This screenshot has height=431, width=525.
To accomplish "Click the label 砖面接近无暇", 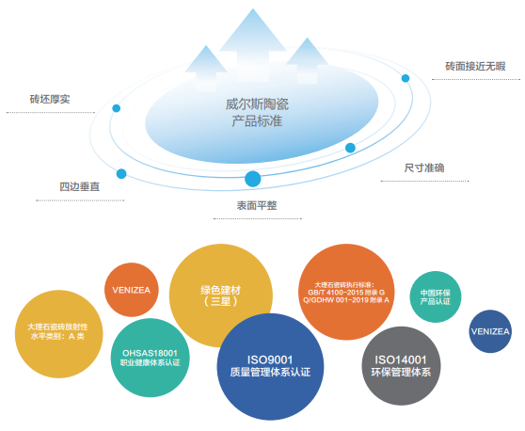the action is [x=475, y=66].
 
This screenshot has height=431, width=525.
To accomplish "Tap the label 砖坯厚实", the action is [x=50, y=99].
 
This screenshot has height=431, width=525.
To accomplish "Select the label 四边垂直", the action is [x=80, y=186].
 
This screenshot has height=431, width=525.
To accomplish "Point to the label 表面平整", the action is [x=257, y=205].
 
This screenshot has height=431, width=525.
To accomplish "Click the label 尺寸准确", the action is [x=424, y=168].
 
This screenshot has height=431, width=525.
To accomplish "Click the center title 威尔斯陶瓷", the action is [x=257, y=104].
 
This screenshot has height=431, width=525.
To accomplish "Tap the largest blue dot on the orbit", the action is [x=253, y=179].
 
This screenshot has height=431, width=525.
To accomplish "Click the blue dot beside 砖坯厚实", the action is [x=116, y=108].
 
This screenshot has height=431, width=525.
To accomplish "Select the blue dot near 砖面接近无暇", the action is [x=406, y=78].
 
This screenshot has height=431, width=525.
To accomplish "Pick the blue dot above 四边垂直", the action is [x=121, y=174].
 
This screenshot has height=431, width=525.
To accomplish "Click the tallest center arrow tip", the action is [x=253, y=9].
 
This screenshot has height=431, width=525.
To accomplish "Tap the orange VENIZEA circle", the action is [x=132, y=290].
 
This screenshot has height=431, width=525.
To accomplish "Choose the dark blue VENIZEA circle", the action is [x=490, y=331].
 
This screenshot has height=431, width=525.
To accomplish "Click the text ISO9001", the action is [x=270, y=360].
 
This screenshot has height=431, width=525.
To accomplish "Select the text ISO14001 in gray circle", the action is [x=401, y=360].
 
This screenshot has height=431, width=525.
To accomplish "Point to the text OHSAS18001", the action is [x=150, y=353].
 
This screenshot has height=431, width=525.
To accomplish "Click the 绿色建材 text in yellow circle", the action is [x=221, y=290].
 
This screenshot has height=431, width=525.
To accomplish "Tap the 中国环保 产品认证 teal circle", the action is [x=436, y=296].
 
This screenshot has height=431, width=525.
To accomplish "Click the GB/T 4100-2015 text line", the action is [x=346, y=293].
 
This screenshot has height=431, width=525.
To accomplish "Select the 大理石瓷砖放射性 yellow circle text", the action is [x=57, y=327].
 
